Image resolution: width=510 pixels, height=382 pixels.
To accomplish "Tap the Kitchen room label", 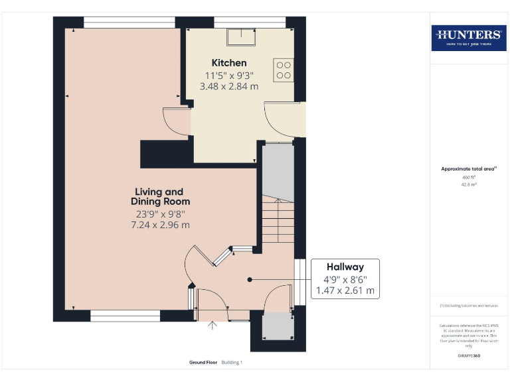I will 229,63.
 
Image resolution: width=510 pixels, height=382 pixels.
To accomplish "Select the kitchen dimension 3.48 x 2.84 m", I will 229,86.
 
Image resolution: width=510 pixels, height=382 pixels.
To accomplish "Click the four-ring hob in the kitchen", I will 284,70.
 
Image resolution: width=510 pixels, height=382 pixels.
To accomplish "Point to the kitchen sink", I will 240,36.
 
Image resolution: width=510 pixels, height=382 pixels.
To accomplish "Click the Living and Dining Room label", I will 160,196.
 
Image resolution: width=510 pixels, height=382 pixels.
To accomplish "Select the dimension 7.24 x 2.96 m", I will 160,225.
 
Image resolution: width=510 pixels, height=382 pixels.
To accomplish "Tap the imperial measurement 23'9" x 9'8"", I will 160,214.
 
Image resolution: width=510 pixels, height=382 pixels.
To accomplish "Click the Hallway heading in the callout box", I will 345,267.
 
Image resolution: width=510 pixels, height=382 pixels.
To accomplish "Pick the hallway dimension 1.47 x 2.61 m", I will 345,290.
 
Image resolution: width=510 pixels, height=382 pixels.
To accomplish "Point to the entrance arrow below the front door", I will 212,325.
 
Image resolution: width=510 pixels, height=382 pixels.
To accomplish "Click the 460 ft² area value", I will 469,177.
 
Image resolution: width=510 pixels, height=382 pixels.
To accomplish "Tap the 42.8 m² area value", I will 469,184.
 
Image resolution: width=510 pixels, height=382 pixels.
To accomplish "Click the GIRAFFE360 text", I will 469,356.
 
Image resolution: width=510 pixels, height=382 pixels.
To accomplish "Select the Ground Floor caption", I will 203,363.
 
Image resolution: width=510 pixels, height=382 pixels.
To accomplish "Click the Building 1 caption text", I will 232,363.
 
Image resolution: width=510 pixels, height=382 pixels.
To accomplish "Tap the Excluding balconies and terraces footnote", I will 469,305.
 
